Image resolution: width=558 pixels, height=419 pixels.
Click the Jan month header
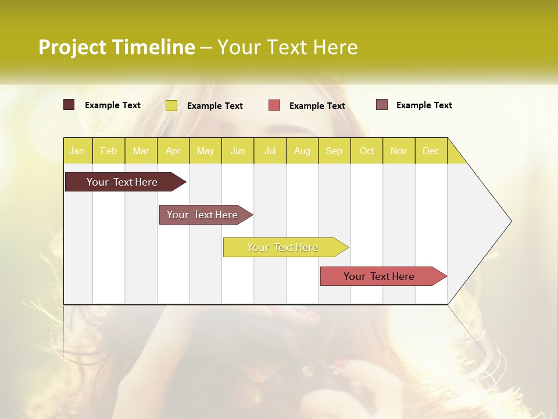[x=77, y=151]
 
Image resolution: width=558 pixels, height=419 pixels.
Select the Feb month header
[x=109, y=151]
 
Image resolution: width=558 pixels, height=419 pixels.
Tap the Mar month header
[x=141, y=151]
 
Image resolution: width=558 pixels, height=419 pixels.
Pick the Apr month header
[x=173, y=151]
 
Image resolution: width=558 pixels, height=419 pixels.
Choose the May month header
[x=205, y=151]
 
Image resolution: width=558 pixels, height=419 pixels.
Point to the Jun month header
[x=238, y=151]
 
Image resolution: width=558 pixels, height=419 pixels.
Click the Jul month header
[x=270, y=151]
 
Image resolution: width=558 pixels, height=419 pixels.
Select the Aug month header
[x=302, y=151]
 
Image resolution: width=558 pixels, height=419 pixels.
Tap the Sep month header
[x=334, y=151]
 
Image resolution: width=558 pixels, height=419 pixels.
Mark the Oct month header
[x=367, y=151]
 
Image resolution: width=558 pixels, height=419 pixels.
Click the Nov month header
[x=399, y=151]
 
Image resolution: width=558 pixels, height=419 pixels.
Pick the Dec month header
[x=431, y=151]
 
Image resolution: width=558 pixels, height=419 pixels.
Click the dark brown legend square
[x=69, y=105]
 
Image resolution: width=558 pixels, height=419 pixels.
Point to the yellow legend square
[x=171, y=105]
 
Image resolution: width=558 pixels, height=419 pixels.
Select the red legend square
[x=274, y=105]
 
